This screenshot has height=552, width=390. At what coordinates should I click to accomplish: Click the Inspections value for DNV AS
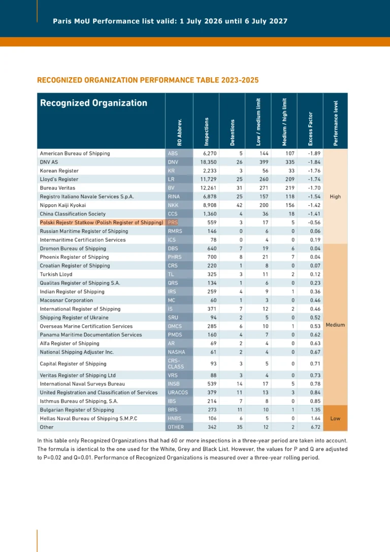pos(209,162)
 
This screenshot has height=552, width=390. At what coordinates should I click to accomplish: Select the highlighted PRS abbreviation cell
pos(173,223)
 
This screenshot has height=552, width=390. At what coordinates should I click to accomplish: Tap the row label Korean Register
pos(59,171)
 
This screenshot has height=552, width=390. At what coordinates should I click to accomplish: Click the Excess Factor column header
pos(310,129)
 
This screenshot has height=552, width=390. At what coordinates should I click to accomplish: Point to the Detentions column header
pos(232,133)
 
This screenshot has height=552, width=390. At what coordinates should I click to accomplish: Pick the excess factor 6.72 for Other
pos(315,427)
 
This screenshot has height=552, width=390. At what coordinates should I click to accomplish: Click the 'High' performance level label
pos(335,196)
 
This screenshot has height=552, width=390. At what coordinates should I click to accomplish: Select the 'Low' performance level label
pos(335,419)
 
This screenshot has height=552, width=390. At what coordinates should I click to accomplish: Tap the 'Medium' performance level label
pos(335,325)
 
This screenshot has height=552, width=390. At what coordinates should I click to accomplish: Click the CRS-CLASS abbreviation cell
pos(176,363)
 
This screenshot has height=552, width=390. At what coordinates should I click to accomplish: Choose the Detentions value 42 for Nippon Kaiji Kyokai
pos(239,205)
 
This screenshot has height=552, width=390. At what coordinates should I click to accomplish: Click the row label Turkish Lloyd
pos(56,274)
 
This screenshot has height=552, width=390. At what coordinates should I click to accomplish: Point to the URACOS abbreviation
pos(178,392)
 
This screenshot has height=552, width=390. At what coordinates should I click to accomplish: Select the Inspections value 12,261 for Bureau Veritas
pos(209,188)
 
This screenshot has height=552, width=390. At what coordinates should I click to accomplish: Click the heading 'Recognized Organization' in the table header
pos(93,103)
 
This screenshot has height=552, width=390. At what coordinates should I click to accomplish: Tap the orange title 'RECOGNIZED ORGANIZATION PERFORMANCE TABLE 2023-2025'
pos(148,80)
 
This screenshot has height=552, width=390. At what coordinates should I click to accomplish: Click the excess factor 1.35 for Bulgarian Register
pos(315,410)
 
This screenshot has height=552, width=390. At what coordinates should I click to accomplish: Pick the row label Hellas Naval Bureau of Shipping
pos(88,419)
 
